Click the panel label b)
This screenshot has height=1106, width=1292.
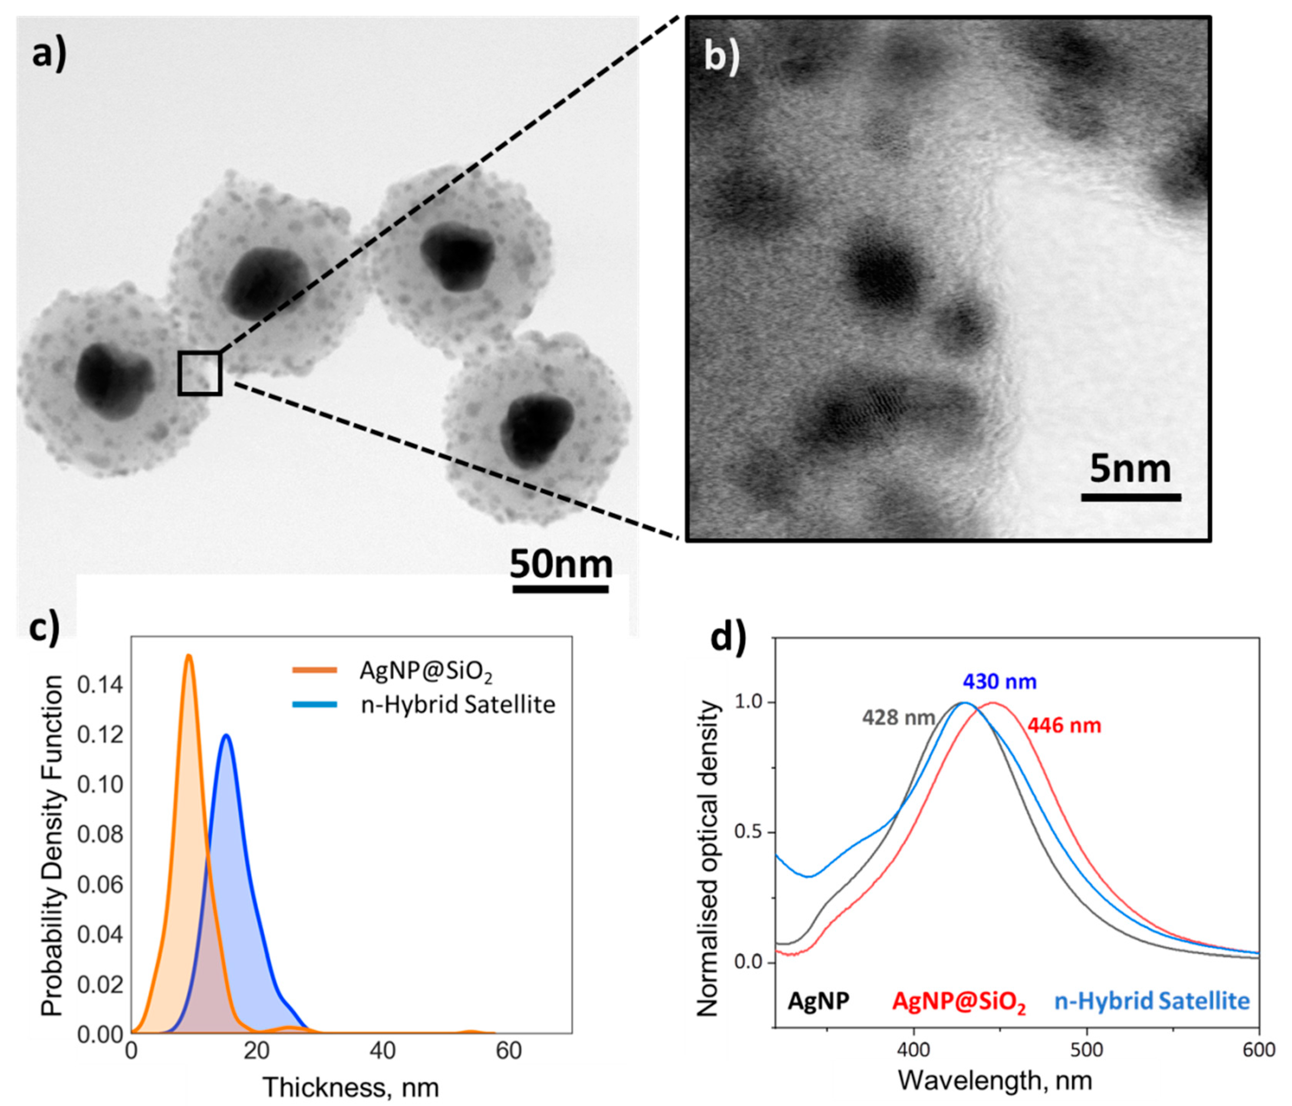coord(722,58)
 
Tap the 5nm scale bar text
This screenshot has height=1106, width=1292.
coord(1130,469)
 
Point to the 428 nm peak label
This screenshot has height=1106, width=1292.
coord(898,718)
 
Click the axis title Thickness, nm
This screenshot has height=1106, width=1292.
coord(351,1087)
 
